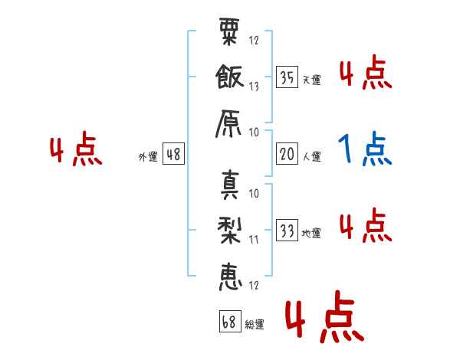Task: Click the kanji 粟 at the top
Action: click(229, 31)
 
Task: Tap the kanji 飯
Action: click(229, 77)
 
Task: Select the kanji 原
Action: click(228, 124)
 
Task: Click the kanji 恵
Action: click(231, 277)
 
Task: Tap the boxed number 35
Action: click(287, 77)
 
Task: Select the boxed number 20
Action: click(287, 154)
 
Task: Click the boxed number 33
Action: click(287, 230)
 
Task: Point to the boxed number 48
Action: click(173, 154)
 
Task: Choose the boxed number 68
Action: click(230, 321)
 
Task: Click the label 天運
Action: click(312, 80)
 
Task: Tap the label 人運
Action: click(312, 156)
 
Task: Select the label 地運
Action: click(311, 234)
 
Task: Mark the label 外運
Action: click(148, 156)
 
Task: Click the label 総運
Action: click(255, 325)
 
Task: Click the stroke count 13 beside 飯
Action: click(254, 87)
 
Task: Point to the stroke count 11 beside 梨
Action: click(254, 240)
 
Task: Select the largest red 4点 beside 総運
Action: click(325, 316)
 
